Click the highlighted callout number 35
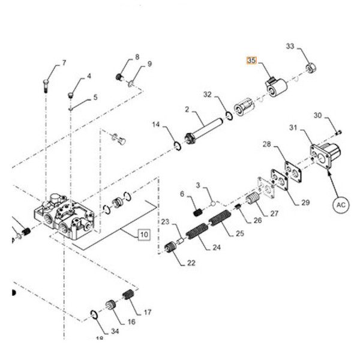tap(251, 61)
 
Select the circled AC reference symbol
tap(340, 204)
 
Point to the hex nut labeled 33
tap(311, 68)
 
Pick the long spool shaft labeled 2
tap(203, 128)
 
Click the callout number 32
tap(208, 94)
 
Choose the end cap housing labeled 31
tap(325, 155)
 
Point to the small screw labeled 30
tap(338, 132)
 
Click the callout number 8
tap(137, 57)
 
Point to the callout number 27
tap(274, 213)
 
